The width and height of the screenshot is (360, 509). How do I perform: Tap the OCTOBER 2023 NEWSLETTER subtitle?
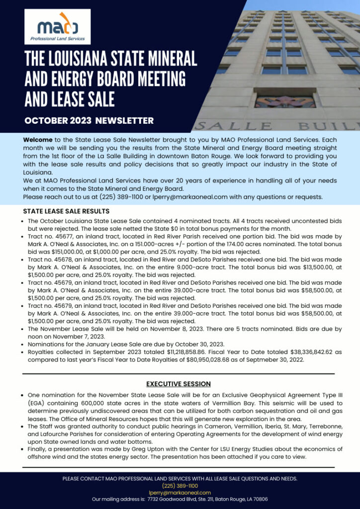[x=89, y=120]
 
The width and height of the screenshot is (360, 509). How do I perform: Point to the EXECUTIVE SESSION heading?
[x=179, y=384]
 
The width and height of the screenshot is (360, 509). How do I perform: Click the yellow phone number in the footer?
[x=180, y=486]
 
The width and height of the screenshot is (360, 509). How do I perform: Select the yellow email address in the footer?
[x=180, y=492]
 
